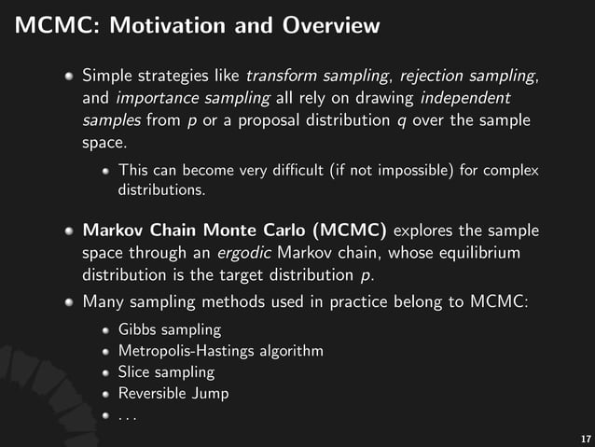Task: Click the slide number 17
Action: pos(585,437)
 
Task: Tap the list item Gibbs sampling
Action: pos(170,329)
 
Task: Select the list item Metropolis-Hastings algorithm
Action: pos(220,351)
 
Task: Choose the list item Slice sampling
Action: pos(166,372)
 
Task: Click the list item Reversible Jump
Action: pos(173,394)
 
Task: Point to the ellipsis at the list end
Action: pos(128,417)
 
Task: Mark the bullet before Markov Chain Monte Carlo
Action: pos(70,230)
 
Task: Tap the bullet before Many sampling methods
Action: pos(70,302)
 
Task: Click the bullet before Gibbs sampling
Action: pos(107,330)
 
